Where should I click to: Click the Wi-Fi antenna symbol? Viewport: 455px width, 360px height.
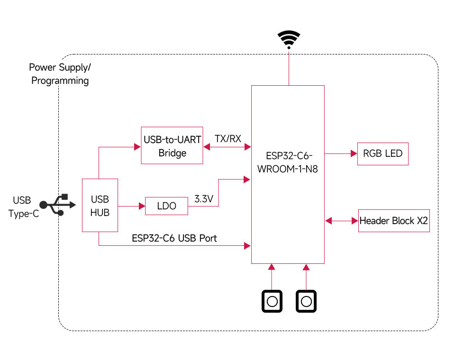click(289, 39)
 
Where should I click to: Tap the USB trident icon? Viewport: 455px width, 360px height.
click(57, 205)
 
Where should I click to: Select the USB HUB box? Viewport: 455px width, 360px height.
click(100, 205)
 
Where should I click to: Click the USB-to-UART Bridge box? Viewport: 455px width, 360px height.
click(172, 145)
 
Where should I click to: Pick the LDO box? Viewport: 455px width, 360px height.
click(166, 206)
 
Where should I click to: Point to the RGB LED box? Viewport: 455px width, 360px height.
click(382, 153)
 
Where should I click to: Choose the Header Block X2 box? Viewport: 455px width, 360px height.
click(394, 221)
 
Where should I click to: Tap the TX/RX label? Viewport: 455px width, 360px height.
click(228, 139)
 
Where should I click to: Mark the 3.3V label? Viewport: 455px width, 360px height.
click(204, 199)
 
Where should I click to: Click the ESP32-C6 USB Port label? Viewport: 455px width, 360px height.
click(174, 238)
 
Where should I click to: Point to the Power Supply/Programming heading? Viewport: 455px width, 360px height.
click(60, 74)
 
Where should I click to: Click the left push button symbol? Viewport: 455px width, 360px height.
click(272, 301)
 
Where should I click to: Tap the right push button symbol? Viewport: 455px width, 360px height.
click(306, 301)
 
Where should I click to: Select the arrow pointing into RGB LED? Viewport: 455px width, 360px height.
click(340, 153)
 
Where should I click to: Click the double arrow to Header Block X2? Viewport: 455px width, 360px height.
click(341, 221)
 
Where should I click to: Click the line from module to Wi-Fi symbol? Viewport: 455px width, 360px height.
click(288, 68)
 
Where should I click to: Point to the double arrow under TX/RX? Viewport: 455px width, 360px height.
click(227, 147)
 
